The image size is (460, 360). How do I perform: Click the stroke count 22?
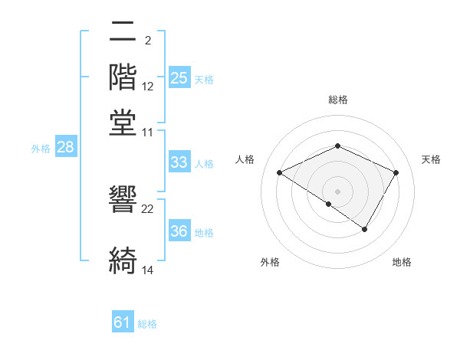pos(148,209)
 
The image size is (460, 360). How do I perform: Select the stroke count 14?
pos(148,270)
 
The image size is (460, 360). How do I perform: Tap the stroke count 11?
pos(148,132)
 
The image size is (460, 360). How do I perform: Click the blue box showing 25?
pos(179,77)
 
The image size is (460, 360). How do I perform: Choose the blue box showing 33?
pos(179,162)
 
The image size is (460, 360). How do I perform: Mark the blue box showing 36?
pos(179,231)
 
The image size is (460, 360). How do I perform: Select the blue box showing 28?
pos(66,148)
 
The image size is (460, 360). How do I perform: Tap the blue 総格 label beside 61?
pos(147,324)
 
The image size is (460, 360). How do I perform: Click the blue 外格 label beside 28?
pos(41,149)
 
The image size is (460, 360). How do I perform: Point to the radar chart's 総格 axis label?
pos(337,100)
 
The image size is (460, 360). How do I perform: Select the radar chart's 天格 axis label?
pos(431,159)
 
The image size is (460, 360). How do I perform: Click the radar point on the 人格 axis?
pos(280,173)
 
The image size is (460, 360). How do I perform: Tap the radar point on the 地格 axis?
pos(365,229)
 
